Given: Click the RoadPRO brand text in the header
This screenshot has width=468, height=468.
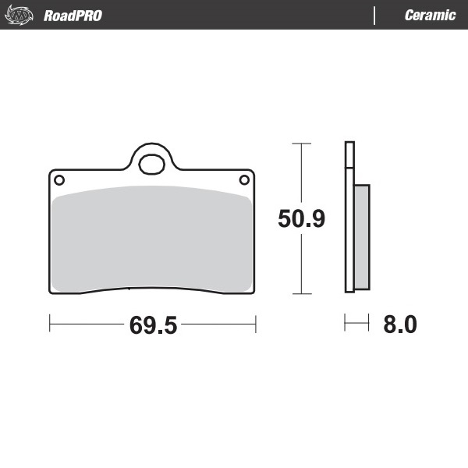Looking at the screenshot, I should pyautogui.click(x=73, y=15).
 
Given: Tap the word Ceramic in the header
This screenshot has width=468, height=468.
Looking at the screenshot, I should pyautogui.click(x=430, y=15).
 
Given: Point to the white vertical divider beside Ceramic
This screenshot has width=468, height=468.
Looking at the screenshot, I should pyautogui.click(x=375, y=15).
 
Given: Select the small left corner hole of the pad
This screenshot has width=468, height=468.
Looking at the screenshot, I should pyautogui.click(x=58, y=180).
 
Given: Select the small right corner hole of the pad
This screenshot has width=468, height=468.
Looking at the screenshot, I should pyautogui.click(x=243, y=180).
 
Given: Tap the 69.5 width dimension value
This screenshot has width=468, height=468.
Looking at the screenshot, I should pyautogui.click(x=153, y=325).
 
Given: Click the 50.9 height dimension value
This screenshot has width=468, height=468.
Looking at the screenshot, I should pyautogui.click(x=301, y=219).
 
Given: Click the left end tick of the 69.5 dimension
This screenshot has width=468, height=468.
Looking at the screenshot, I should pyautogui.click(x=50, y=323).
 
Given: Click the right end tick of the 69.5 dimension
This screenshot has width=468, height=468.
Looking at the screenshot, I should pyautogui.click(x=256, y=323).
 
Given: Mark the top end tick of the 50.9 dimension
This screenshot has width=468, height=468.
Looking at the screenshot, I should pyautogui.click(x=301, y=144).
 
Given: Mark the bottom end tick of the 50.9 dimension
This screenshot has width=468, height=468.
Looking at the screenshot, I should pyautogui.click(x=301, y=294).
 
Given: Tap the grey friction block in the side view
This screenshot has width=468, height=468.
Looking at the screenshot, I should pyautogui.click(x=362, y=236).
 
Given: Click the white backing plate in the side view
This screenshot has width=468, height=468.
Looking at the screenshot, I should pyautogui.click(x=349, y=218).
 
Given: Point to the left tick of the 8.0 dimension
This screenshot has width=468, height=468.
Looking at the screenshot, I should pyautogui.click(x=345, y=323).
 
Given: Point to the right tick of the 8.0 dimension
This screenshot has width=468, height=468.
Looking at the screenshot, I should pyautogui.click(x=368, y=323).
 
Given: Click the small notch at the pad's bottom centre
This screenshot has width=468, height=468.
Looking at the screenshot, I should pyautogui.click(x=129, y=290).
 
